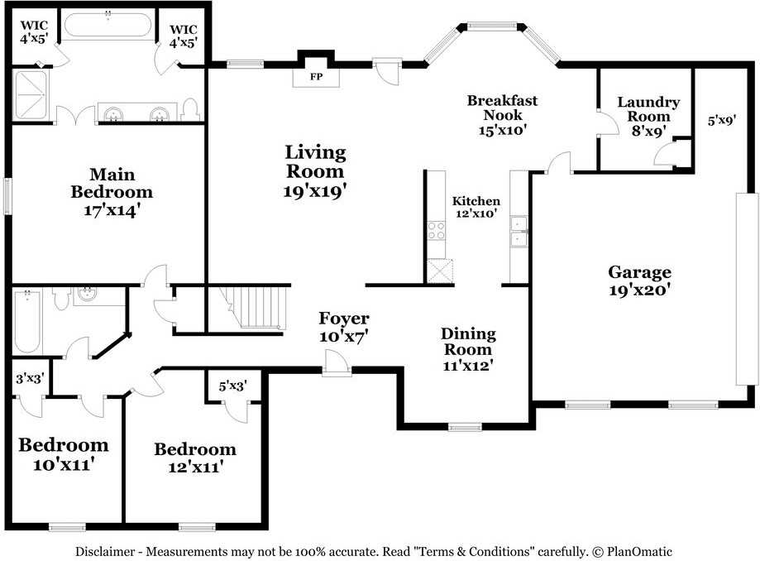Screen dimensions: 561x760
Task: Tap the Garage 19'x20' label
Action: point(639,280)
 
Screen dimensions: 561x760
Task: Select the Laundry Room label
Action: point(648,116)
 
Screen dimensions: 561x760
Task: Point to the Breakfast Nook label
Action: point(502,114)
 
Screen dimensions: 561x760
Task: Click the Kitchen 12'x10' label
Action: point(476,208)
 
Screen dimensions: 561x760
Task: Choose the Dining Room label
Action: point(468,349)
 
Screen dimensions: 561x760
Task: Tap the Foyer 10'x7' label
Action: point(344,327)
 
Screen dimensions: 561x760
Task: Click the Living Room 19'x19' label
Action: point(315,170)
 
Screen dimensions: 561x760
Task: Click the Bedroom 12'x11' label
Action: point(195,458)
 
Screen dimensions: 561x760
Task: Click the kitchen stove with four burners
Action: point(436,230)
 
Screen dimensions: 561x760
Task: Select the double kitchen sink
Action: point(519,232)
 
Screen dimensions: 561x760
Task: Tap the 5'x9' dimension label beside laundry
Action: point(720,120)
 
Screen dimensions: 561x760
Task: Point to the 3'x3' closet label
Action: point(31,381)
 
